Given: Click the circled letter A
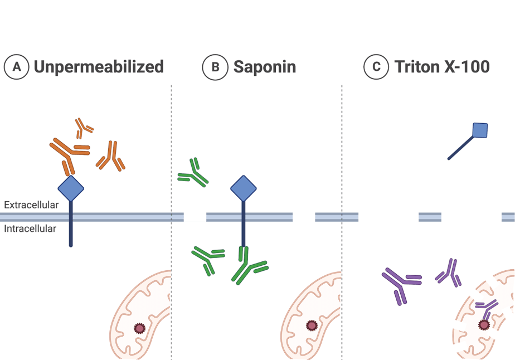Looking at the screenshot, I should click(16, 67).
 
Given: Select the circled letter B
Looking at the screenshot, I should click(215, 67).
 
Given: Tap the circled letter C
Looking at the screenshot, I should click(376, 67).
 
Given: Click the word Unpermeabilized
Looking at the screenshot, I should click(99, 67).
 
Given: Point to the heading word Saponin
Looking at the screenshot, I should click(265, 67).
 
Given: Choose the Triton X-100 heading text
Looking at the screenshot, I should click(442, 67).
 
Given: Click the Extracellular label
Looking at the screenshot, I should click(31, 205).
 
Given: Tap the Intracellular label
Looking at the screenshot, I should click(30, 228).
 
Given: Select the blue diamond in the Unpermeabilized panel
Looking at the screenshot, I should click(71, 189).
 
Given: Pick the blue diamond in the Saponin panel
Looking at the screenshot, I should click(244, 188).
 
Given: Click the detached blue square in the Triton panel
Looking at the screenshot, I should click(480, 130).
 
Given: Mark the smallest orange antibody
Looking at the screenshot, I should click(84, 128).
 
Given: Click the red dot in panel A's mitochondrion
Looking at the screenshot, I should click(139, 329).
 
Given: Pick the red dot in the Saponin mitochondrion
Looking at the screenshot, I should click(311, 324).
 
